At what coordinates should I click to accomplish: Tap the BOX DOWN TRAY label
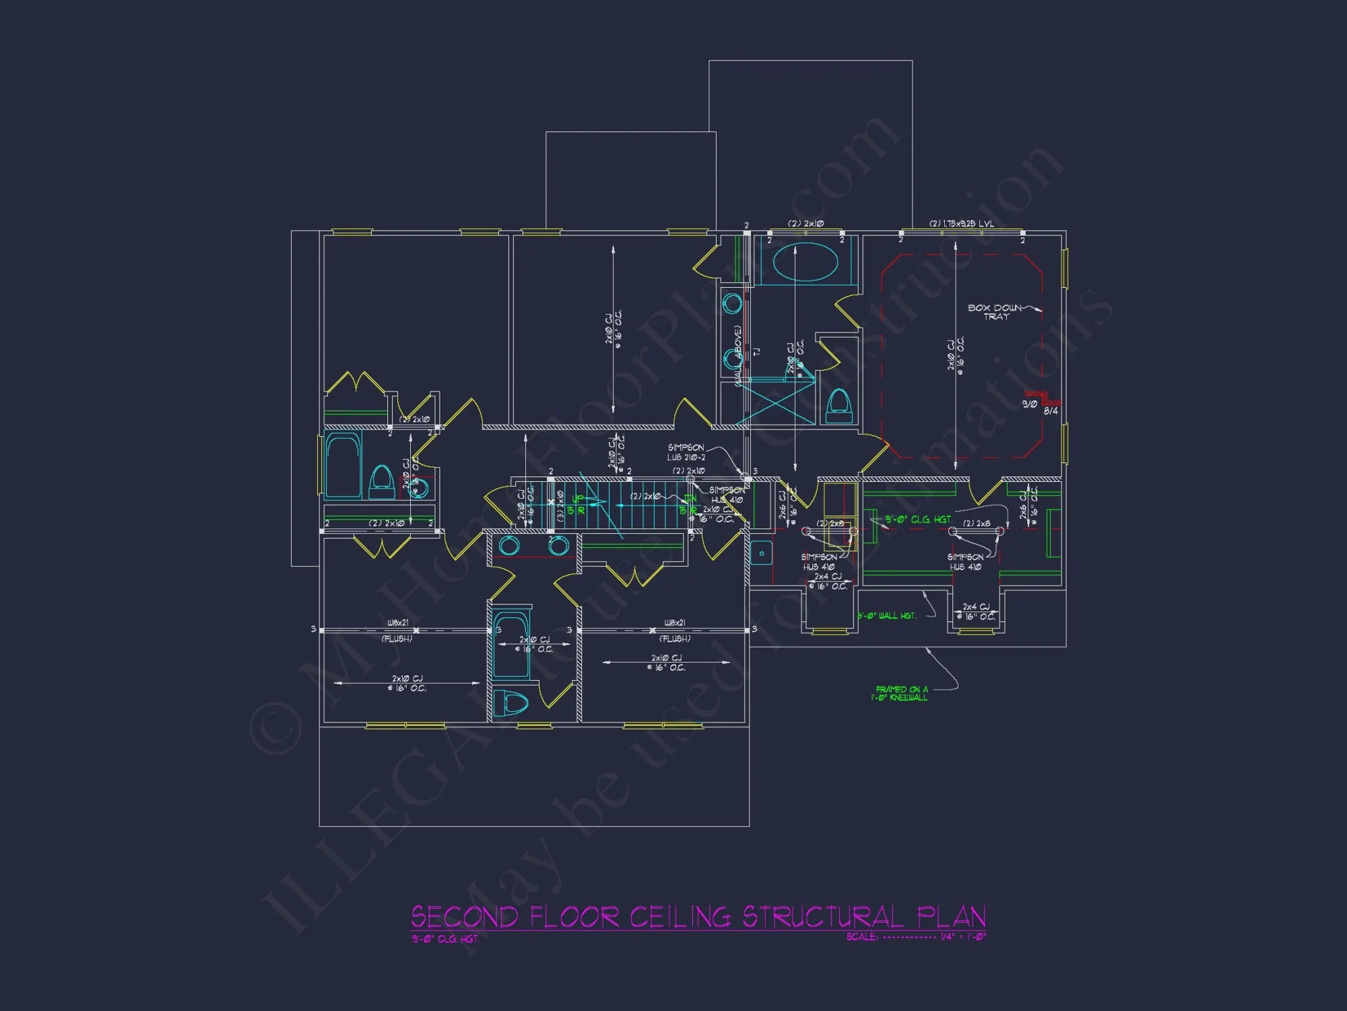995,312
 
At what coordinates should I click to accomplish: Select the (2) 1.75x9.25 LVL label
961,224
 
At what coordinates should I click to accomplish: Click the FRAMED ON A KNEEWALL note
900,694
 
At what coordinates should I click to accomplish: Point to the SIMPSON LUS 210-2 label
686,452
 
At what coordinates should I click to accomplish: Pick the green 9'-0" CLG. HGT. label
918,520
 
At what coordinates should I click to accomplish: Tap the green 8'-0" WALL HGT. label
887,616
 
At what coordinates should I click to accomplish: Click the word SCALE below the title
862,937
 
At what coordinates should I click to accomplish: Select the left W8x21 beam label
398,623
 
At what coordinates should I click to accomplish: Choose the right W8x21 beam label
675,623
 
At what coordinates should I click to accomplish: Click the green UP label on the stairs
578,499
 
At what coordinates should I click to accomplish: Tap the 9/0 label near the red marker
1029,404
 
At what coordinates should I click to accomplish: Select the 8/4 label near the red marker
1051,411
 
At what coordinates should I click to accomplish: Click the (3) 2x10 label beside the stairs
560,506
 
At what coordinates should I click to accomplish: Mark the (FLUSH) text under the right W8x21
675,638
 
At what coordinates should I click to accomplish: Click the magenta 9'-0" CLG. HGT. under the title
445,939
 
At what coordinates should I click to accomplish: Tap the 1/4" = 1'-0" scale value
963,937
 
